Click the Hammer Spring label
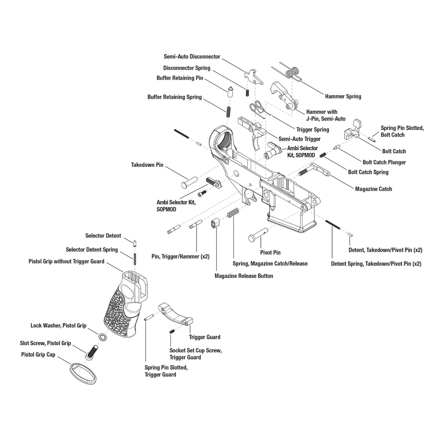click(343, 97)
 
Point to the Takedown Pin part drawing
click(189, 181)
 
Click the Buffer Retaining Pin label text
click(180, 78)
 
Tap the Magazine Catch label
click(373, 189)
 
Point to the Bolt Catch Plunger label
click(384, 162)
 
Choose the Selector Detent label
click(103, 236)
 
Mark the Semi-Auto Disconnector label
click(192, 57)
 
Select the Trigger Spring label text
click(312, 130)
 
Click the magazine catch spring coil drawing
click(233, 213)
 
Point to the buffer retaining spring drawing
click(229, 111)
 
